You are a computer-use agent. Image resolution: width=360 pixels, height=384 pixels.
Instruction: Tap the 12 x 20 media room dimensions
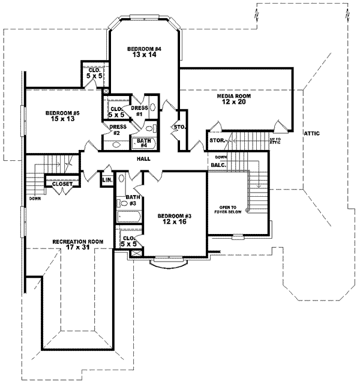point(233,102)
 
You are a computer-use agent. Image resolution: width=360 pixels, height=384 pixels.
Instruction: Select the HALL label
point(143,159)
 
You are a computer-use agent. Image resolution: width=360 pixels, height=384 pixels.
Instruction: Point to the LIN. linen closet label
point(108,180)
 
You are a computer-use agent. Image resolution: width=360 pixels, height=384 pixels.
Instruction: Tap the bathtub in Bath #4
point(147,143)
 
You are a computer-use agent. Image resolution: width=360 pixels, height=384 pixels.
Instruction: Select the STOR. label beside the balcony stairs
point(217,140)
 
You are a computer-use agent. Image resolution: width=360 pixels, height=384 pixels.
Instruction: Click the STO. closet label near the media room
point(178,127)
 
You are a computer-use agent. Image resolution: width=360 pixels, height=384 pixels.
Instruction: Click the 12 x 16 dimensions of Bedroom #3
point(174,221)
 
